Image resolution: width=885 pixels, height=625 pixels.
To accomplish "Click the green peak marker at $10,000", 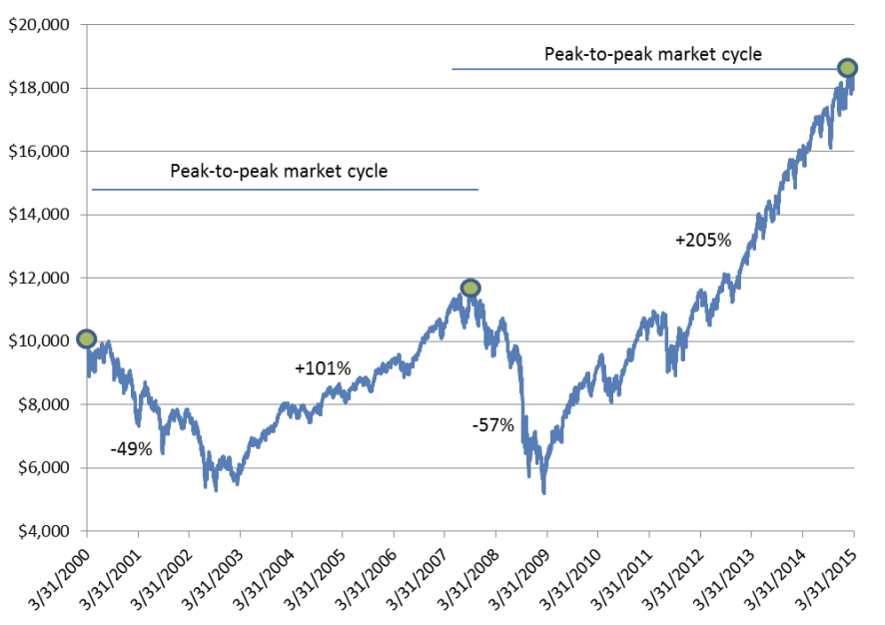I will coord(87,339).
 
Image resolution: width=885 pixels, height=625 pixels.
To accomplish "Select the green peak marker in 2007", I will coord(470,289).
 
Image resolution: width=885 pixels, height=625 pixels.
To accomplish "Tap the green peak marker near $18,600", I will coord(847,68).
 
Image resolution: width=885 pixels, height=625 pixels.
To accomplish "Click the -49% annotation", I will coord(131,448).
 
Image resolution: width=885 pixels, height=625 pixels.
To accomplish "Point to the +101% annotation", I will coord(323,368).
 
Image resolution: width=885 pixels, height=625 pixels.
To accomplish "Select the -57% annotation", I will coord(492,426).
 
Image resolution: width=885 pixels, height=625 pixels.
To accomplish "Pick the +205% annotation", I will coord(703,240).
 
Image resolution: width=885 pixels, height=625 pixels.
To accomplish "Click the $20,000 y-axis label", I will coord(35,25).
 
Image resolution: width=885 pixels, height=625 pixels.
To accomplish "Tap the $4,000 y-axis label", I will coord(39,530).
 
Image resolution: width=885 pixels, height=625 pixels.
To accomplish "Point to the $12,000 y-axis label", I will coord(35,278).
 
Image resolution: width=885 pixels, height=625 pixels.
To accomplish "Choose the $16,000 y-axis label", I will coord(35,151).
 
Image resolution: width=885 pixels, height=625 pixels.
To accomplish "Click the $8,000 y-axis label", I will coord(39,404).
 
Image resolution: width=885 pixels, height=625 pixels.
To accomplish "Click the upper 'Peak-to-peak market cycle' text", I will coord(652,54).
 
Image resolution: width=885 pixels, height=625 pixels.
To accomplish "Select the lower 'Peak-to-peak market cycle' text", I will coord(279,172).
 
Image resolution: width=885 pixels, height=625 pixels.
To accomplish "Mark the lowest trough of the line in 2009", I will coord(543,492).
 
